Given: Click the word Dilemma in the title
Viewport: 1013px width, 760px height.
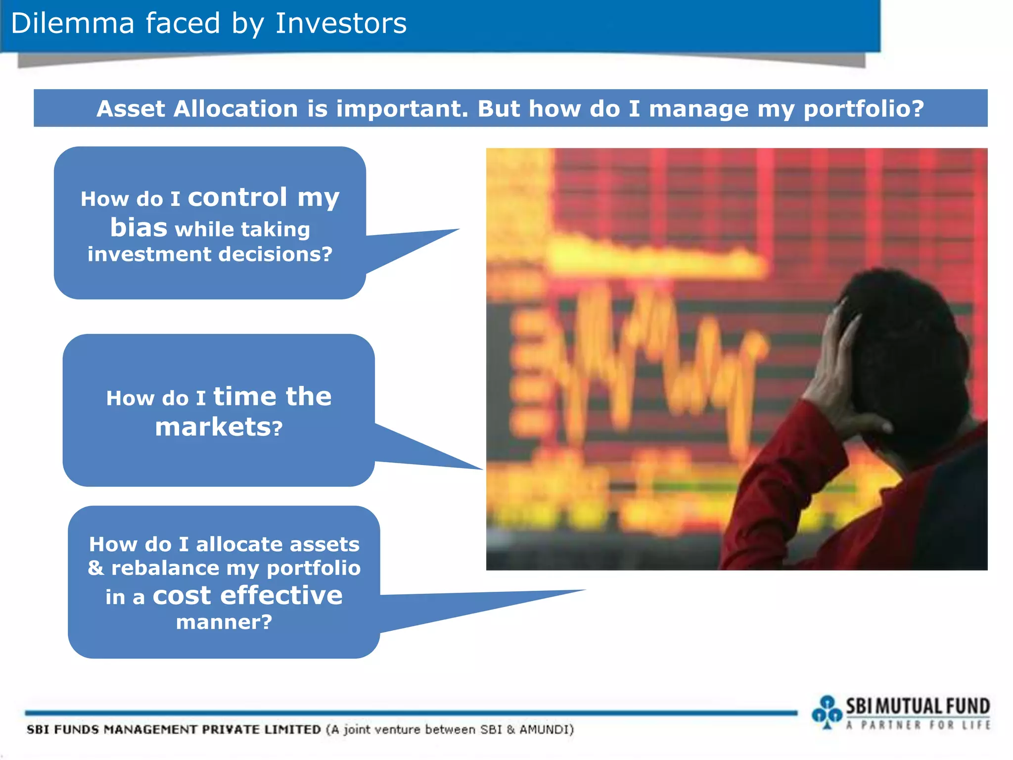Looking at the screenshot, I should (x=72, y=23).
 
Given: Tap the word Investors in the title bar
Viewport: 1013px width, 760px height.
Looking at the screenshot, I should (x=341, y=23).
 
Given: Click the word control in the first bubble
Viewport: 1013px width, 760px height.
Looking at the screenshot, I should (x=237, y=197).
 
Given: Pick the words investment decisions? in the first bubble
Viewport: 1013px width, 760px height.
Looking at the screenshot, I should (x=210, y=254).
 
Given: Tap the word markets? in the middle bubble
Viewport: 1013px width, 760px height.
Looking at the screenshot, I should (x=219, y=427).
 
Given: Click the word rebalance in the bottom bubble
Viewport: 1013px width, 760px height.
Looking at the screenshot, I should (x=165, y=568).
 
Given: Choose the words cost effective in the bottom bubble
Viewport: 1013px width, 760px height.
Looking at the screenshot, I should (x=247, y=595).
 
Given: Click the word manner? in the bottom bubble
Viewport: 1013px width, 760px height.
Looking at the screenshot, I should (x=224, y=622).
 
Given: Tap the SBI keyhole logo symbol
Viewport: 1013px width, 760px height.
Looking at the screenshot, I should (x=826, y=713).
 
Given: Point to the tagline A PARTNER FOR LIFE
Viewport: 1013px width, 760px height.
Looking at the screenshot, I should (x=918, y=725).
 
